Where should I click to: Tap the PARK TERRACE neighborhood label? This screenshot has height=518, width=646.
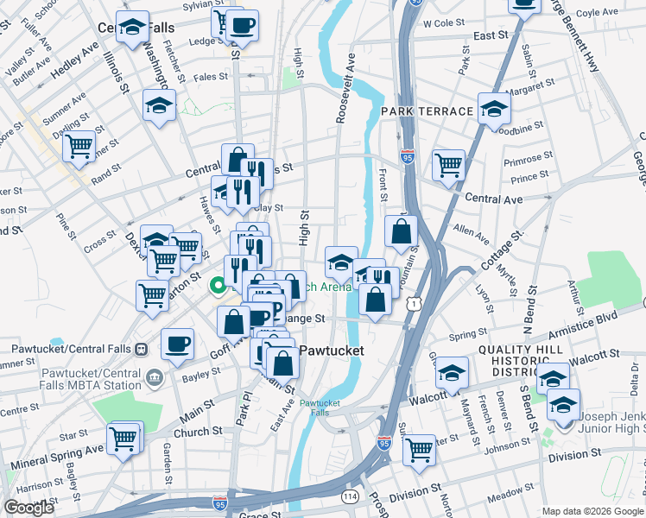tap(427, 111)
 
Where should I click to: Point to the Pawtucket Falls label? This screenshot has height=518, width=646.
tap(319, 407)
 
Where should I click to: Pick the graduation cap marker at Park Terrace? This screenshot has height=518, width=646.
tap(494, 109)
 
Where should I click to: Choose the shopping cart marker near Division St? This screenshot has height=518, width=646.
tap(419, 449)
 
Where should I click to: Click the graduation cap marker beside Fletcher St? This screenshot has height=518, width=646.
tap(159, 105)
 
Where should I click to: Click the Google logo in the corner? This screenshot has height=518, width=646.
tap(28, 508)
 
